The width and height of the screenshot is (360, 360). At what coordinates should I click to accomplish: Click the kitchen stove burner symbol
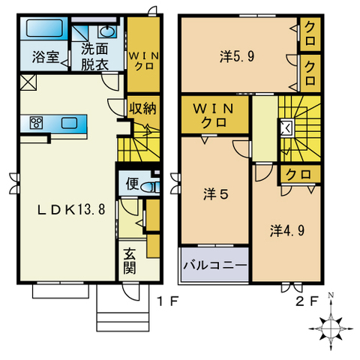(x=35, y=122)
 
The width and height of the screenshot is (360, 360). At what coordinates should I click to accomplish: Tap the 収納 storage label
(x=141, y=107)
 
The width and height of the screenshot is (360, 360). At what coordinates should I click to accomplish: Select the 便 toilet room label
(x=133, y=184)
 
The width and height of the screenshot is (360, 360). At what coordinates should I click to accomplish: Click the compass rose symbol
(x=329, y=325)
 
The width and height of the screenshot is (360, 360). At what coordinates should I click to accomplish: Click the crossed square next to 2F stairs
(x=286, y=127)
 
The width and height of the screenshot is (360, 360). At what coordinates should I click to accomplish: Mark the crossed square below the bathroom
(x=28, y=81)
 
